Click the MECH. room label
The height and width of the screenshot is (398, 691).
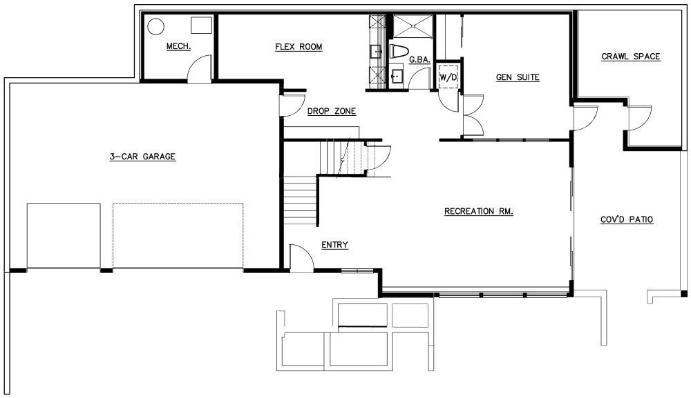178,46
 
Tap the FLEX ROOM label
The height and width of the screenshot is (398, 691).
299,47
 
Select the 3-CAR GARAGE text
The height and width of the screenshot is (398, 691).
143,157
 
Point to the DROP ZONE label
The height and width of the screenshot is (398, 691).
332,111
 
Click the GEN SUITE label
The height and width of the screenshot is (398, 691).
518,77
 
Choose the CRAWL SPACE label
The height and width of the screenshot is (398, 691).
631,57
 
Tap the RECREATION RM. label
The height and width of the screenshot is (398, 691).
479,212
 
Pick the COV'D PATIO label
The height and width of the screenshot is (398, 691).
627,219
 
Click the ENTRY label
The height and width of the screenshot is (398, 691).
334,245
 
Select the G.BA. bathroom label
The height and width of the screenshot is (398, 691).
419,60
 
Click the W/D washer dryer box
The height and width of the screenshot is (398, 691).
448,77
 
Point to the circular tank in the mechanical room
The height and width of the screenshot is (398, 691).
155,26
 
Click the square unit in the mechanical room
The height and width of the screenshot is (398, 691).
201,25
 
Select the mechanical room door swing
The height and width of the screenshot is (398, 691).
200,69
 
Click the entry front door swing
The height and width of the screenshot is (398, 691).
301,257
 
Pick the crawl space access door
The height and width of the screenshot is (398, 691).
640,119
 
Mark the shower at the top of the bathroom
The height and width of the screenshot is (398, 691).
413,26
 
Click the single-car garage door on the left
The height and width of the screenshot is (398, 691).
64,236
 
